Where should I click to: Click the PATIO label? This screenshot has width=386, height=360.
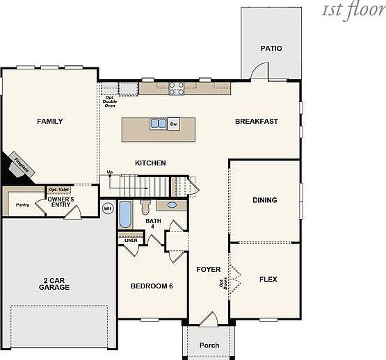(x=271, y=49)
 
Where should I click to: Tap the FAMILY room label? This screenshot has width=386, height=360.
(x=49, y=122)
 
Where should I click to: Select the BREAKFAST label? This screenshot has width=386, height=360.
(x=256, y=122)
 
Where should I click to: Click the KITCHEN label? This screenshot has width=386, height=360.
(x=150, y=163)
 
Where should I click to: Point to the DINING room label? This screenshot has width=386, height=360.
(x=264, y=200)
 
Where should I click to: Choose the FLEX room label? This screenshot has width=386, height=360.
(x=268, y=279)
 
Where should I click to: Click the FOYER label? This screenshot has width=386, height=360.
(x=208, y=270)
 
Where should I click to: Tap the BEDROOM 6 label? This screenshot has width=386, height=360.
(x=152, y=286)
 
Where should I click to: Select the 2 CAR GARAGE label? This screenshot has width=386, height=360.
(x=54, y=283)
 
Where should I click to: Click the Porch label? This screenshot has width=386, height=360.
(x=209, y=345)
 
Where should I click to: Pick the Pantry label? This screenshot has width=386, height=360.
(x=22, y=205)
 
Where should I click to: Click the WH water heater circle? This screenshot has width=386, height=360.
(x=108, y=208)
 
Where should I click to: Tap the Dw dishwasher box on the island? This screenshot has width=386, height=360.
(x=172, y=124)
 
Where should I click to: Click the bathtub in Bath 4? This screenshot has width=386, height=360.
(x=125, y=215)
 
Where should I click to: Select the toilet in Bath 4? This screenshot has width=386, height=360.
(x=145, y=207)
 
